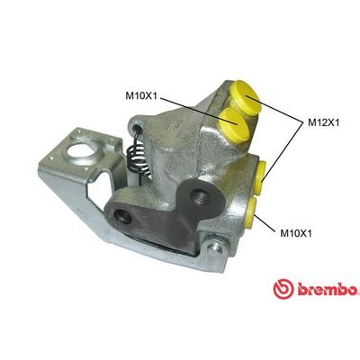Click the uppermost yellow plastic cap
tap(245, 94)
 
